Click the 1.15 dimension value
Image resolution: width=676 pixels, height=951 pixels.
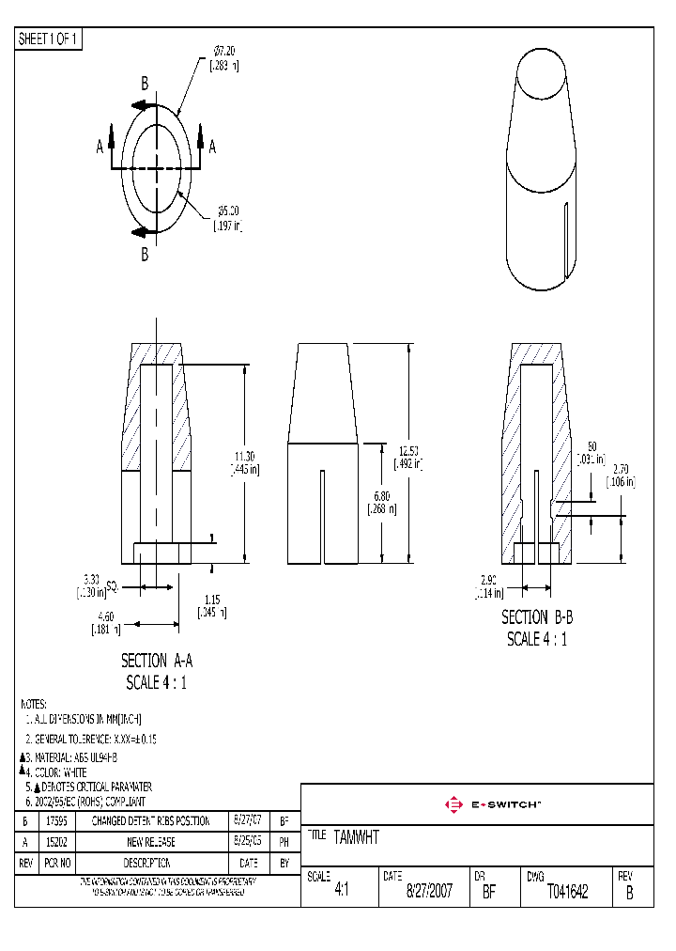(213, 605)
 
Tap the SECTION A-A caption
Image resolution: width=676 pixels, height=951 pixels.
(157, 662)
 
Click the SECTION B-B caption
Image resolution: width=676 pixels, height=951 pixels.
(536, 617)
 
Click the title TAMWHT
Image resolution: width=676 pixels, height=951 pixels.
(356, 837)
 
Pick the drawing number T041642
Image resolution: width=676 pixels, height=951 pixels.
(567, 892)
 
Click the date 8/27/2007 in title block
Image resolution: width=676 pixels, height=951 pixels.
(429, 892)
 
